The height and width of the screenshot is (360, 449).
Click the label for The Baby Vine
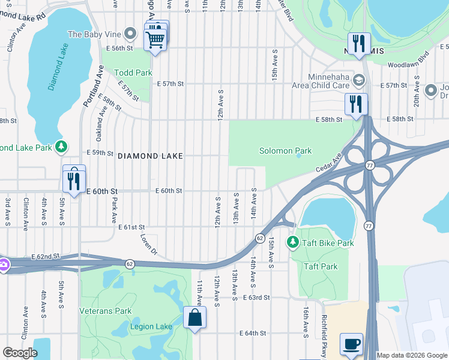pos(94,34)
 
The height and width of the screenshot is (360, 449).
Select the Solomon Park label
pos(285,151)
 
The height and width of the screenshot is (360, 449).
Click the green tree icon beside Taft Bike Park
pos(292,242)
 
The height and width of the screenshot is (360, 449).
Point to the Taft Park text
pos(321,266)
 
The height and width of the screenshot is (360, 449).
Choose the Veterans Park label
pos(106,311)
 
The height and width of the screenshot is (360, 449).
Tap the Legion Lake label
pos(151,327)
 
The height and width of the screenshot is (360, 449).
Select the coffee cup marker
pos(352,344)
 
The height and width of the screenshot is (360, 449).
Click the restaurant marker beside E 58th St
pos(356,103)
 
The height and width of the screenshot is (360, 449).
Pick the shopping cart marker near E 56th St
pos(155,40)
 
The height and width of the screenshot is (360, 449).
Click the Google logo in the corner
pos(20,353)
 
